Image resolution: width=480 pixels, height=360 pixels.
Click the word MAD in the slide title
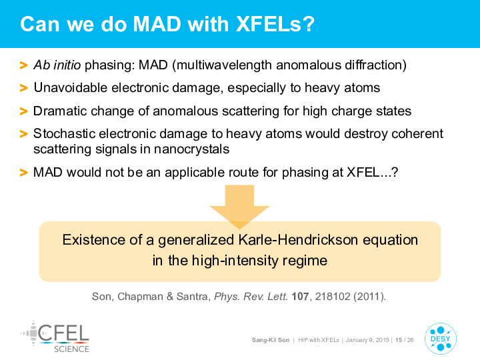(157, 24)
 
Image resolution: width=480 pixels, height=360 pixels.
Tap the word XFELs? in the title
(275, 24)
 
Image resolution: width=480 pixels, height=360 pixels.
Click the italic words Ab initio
(57, 65)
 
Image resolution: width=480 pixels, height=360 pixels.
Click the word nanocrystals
(191, 149)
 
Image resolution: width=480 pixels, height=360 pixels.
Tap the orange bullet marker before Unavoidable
(23, 88)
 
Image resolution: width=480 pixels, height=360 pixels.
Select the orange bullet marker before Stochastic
(23, 134)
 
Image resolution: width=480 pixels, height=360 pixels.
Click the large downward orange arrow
(240, 207)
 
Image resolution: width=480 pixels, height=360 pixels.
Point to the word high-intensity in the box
(235, 261)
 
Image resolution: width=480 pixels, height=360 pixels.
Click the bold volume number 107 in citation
(300, 296)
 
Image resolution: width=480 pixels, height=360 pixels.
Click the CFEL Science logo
(55, 337)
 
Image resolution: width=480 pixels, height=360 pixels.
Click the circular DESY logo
(441, 339)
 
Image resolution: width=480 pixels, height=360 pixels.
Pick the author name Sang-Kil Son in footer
(271, 340)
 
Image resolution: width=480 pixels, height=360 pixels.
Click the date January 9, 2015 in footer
(367, 340)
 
